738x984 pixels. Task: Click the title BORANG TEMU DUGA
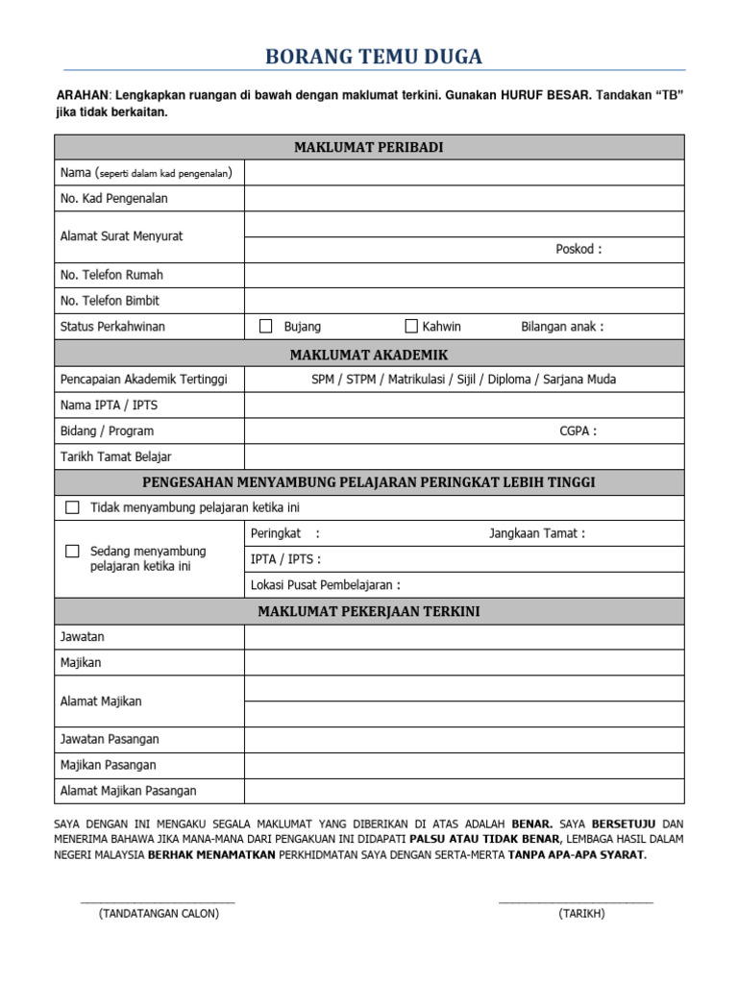coord(374,58)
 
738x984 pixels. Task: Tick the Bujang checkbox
coord(266,327)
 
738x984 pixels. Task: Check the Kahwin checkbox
coord(411,327)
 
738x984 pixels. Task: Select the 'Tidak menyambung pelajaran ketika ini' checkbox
coord(72,507)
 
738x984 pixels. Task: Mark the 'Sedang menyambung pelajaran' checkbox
coord(72,552)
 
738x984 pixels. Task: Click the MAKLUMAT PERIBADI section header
coord(369,147)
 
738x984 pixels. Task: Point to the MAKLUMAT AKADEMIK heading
coord(369,355)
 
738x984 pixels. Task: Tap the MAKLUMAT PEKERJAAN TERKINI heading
coord(369,611)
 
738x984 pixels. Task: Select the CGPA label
coord(578,430)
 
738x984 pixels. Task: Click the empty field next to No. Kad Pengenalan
coord(464,199)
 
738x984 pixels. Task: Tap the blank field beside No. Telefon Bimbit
coord(464,301)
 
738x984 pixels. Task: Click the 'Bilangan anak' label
coord(562,327)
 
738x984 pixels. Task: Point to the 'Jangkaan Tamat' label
coord(536,533)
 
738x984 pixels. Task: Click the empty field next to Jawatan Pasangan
coord(464,739)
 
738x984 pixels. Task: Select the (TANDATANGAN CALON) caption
coord(159,914)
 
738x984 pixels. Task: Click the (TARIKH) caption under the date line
coord(581,914)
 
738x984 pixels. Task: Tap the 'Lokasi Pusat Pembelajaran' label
coord(325,584)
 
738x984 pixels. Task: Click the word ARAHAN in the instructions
coord(84,96)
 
